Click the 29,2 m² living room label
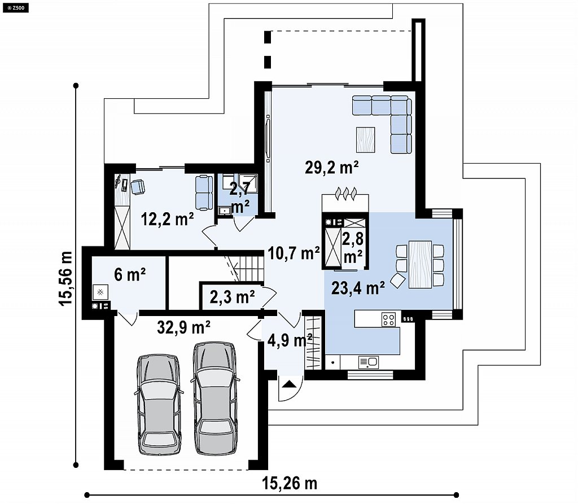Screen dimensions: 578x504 [332, 168]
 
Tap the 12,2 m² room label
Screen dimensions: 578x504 [167, 220]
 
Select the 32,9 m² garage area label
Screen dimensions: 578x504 [183, 327]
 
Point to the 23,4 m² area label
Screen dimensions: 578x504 [358, 288]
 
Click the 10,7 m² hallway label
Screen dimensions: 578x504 [294, 253]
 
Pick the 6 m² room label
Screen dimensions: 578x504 [130, 275]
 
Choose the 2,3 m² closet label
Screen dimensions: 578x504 [232, 296]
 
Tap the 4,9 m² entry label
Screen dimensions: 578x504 [290, 340]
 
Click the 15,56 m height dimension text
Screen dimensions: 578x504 [65, 278]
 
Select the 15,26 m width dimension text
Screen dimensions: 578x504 [290, 483]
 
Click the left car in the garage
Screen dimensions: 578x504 [159, 405]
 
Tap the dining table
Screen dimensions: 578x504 [420, 264]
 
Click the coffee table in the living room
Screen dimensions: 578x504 [366, 140]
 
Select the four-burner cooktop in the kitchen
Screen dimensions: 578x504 [388, 319]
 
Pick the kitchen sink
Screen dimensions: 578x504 [368, 362]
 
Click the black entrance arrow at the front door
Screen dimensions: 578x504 [290, 384]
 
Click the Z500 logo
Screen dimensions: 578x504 [15, 7]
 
